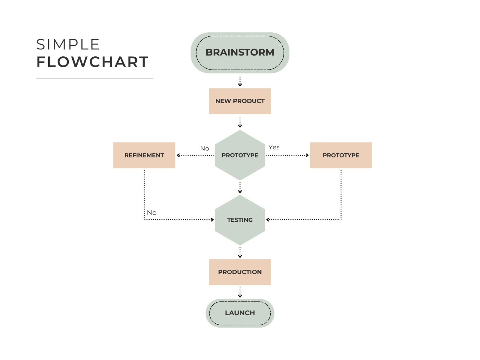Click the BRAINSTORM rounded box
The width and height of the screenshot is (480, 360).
(240, 52)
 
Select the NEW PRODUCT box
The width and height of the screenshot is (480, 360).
(240, 101)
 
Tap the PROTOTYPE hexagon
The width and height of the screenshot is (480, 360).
(240, 155)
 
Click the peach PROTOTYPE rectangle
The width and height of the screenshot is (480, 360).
(341, 155)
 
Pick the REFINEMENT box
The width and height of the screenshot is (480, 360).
(144, 155)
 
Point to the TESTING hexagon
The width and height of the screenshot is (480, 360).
(240, 220)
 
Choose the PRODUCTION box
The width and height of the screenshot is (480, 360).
(240, 272)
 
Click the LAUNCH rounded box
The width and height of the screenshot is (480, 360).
(240, 313)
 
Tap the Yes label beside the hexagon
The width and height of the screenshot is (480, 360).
(274, 147)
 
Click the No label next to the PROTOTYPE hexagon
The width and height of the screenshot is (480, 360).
(204, 148)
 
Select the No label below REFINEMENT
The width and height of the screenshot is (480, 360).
(151, 213)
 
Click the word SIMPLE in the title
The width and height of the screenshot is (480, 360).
(68, 45)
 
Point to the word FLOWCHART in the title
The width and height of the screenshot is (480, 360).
(92, 62)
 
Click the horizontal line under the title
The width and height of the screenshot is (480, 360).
(94, 78)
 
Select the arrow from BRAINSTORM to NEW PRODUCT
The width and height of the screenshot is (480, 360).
(240, 81)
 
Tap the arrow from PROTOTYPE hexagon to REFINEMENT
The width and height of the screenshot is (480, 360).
(195, 155)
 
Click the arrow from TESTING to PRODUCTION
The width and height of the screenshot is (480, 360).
(240, 252)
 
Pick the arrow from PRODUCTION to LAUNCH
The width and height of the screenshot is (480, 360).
(240, 292)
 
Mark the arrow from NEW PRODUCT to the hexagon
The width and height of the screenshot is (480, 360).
(240, 122)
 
